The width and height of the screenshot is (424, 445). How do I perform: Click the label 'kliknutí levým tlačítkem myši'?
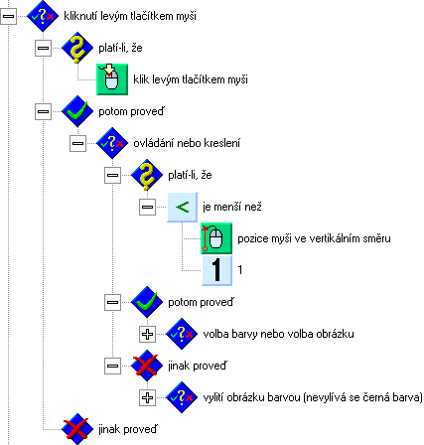coord(130,16)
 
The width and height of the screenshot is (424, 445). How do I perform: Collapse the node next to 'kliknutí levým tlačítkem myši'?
coord(8,16)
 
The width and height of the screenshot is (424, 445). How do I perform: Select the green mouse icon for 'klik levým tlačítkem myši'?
coord(112,79)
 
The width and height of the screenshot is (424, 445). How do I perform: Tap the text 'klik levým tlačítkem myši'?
coord(191,79)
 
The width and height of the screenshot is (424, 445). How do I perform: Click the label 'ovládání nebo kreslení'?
coord(187,143)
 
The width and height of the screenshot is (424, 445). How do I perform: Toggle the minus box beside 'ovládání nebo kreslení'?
coord(77,143)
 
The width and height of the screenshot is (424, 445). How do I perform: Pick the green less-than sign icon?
coord(183,207)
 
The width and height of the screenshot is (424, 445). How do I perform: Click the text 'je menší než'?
coord(232,207)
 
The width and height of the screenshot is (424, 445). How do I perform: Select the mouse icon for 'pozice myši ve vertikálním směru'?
coord(216,238)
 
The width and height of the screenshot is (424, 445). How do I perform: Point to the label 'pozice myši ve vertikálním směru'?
coord(314,238)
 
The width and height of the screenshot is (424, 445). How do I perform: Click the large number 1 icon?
coord(216,270)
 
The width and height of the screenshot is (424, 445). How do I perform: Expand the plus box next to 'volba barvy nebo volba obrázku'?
coord(147,334)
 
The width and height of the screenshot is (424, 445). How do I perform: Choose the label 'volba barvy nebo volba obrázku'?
coord(278,334)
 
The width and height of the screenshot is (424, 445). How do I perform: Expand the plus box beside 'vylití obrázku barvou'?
coord(147,397)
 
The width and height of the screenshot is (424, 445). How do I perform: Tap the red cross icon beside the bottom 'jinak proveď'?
coord(77,429)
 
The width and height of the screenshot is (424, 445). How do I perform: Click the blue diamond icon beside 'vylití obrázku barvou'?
coord(182,397)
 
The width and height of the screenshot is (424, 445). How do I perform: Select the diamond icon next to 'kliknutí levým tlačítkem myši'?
coord(43,16)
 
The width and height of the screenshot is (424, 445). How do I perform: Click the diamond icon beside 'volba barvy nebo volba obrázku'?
coord(182,334)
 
